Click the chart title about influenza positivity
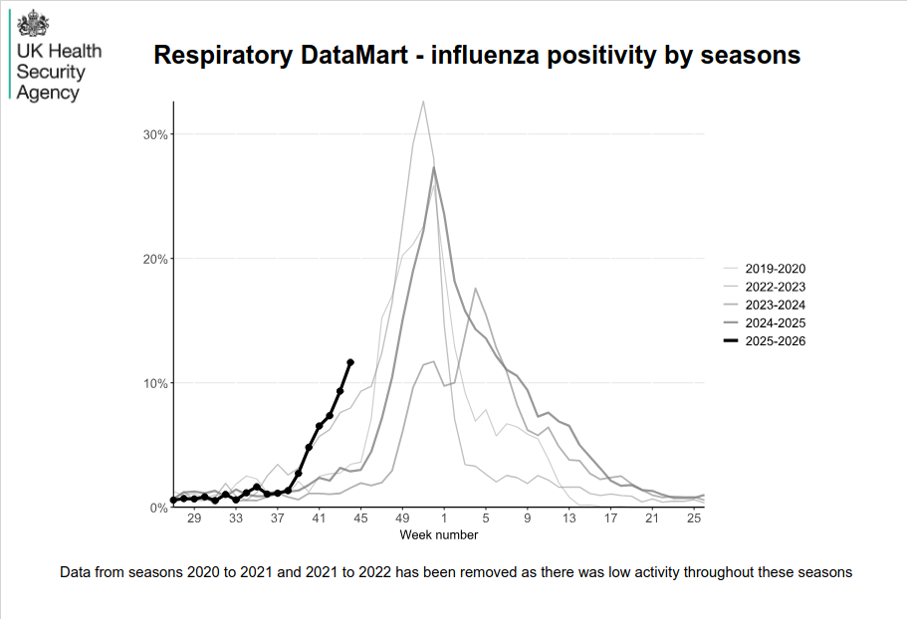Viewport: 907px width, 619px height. [477, 56]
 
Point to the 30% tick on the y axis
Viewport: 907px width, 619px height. [155, 134]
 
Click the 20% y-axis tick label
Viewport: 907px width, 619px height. [155, 259]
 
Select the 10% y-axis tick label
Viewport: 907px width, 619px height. [155, 383]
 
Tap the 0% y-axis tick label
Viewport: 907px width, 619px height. [158, 508]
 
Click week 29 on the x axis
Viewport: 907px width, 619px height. [194, 518]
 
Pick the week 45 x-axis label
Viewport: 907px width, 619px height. [360, 518]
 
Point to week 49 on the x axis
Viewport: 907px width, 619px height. [402, 518]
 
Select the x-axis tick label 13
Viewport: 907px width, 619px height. [568, 518]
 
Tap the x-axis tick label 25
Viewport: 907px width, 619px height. [694, 518]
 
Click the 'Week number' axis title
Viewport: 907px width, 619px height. [439, 534]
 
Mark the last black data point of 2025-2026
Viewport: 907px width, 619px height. [350, 362]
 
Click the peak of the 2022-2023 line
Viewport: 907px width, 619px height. [423, 101]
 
